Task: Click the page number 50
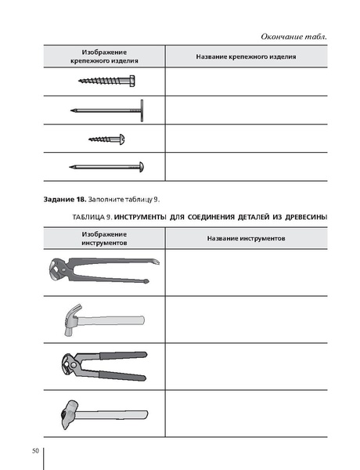point(35,450)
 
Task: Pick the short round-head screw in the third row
point(106,139)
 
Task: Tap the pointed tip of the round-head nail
point(72,167)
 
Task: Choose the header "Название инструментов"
point(245,237)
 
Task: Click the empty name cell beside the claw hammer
point(245,319)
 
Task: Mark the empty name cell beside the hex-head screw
point(245,81)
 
